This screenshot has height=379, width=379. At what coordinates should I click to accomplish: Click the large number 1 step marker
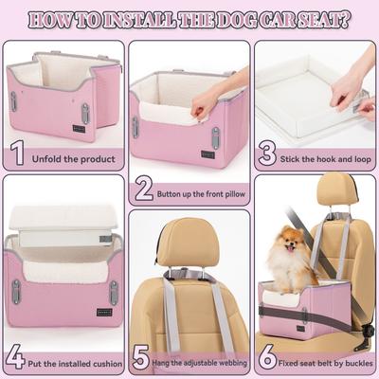click(x=17, y=152)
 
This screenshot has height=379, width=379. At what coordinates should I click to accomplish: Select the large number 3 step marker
click(x=268, y=152)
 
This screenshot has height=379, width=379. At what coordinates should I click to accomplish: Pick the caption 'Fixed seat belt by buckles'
click(x=322, y=363)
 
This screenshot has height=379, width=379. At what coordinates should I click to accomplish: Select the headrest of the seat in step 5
click(x=187, y=241)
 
